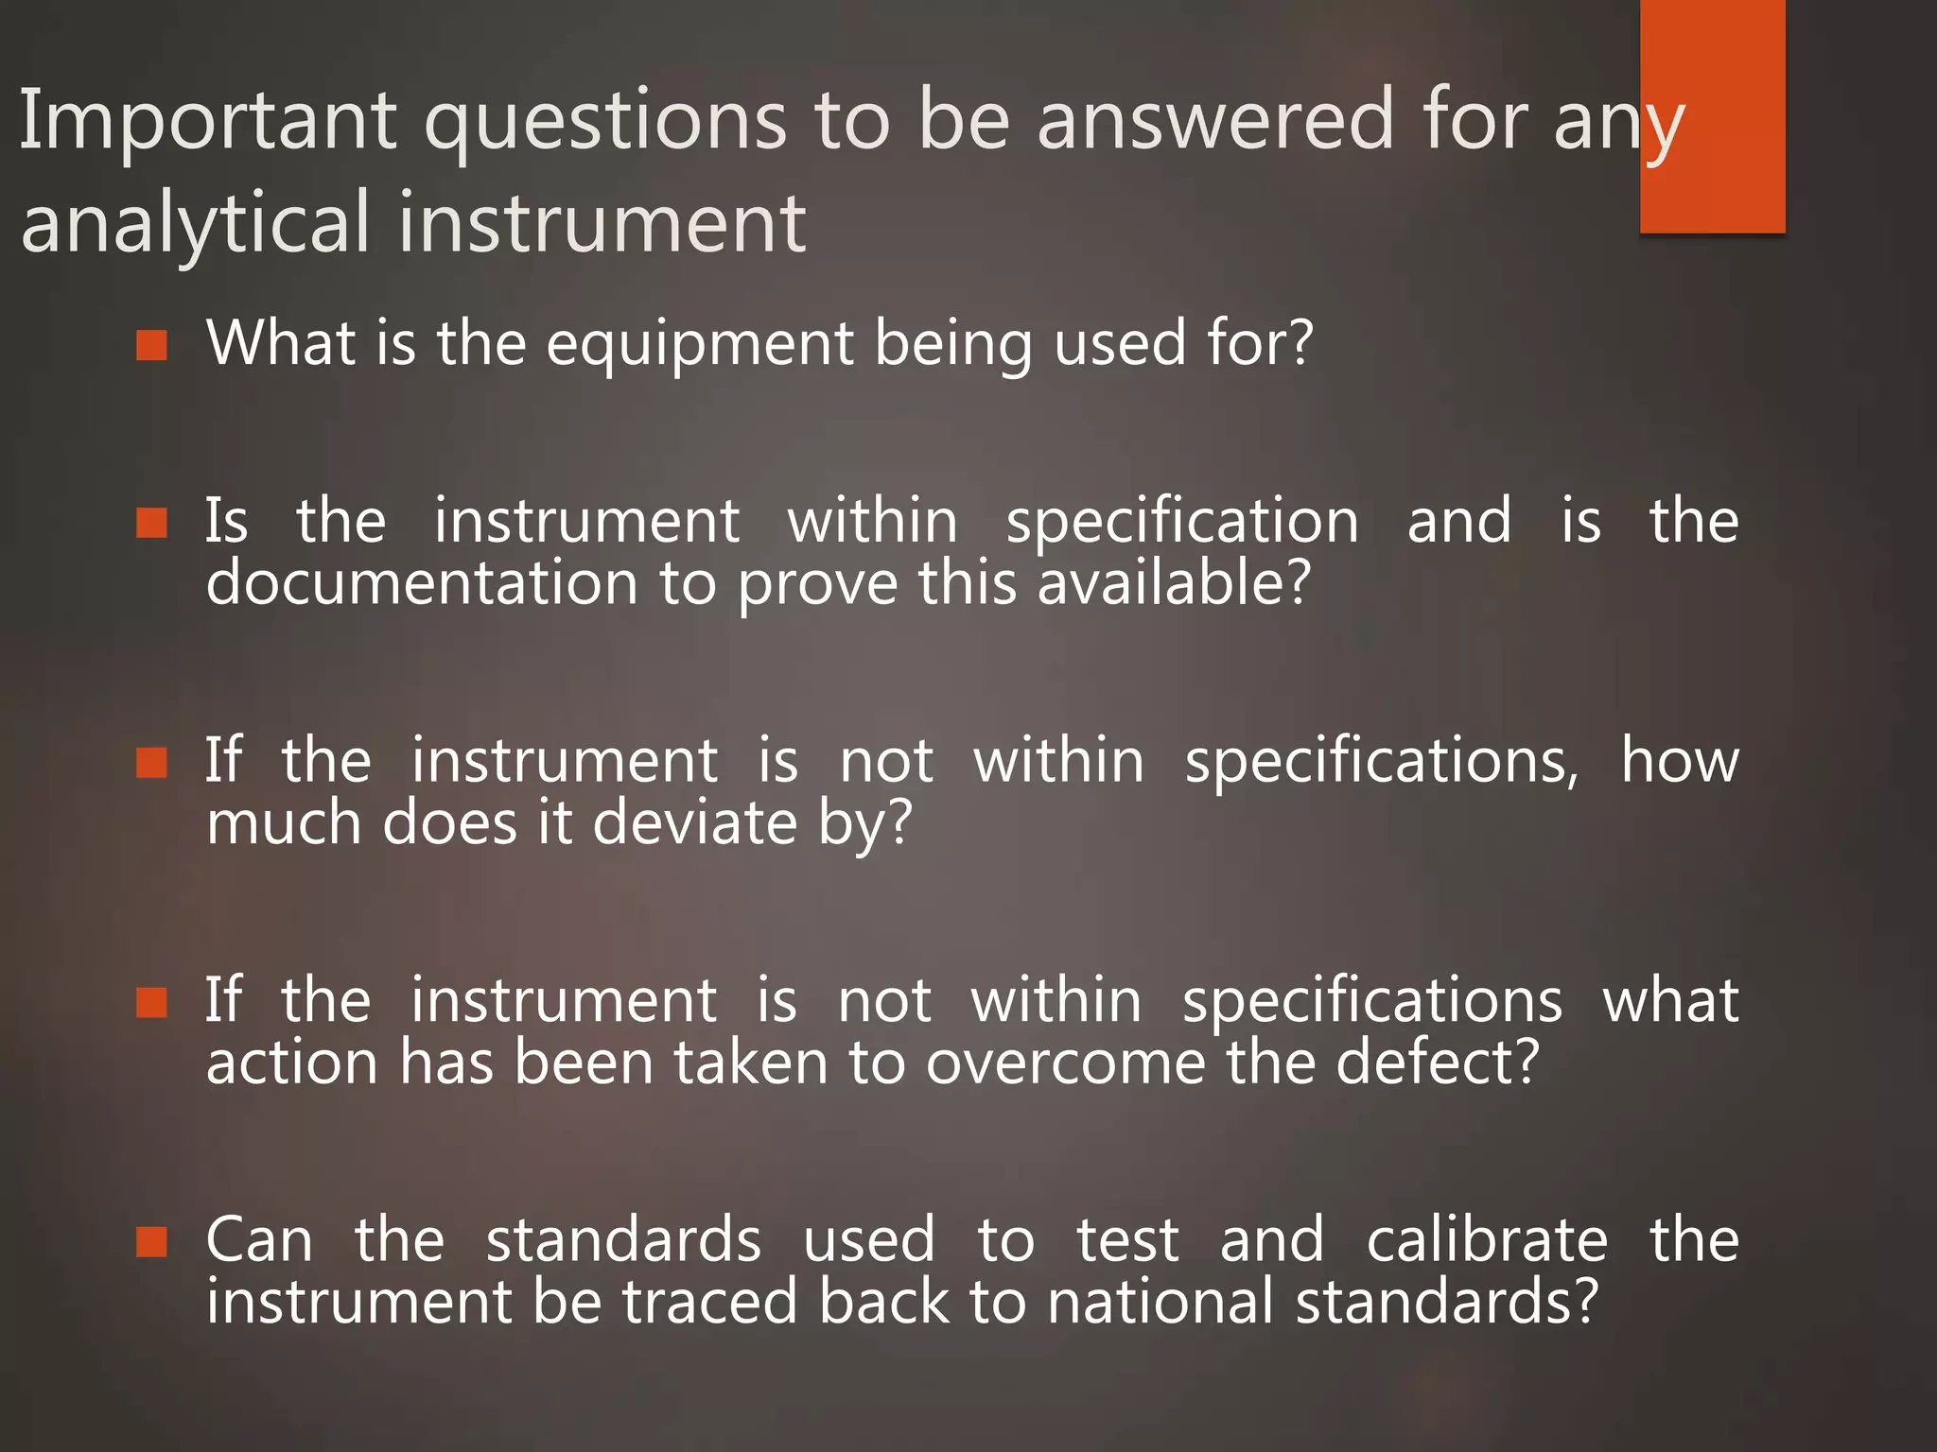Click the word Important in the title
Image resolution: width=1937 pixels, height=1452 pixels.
pos(208,121)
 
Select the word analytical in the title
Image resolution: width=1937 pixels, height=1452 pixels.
pos(194,223)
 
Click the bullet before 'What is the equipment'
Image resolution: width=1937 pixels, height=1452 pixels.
pos(151,346)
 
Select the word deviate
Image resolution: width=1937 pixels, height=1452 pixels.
pos(694,822)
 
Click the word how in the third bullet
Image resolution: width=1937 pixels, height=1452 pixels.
pos(1680,761)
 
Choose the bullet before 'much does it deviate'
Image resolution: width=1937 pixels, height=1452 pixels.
pos(151,762)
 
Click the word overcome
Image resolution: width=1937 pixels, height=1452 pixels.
pos(1065,1063)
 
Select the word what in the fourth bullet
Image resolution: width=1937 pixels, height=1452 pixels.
pos(1670,1001)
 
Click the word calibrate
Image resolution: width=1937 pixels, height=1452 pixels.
pos(1487,1240)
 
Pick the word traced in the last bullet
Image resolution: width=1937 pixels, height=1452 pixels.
pos(709,1302)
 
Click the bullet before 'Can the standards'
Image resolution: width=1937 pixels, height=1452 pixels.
pos(151,1242)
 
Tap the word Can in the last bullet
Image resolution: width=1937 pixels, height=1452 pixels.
pos(259,1240)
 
